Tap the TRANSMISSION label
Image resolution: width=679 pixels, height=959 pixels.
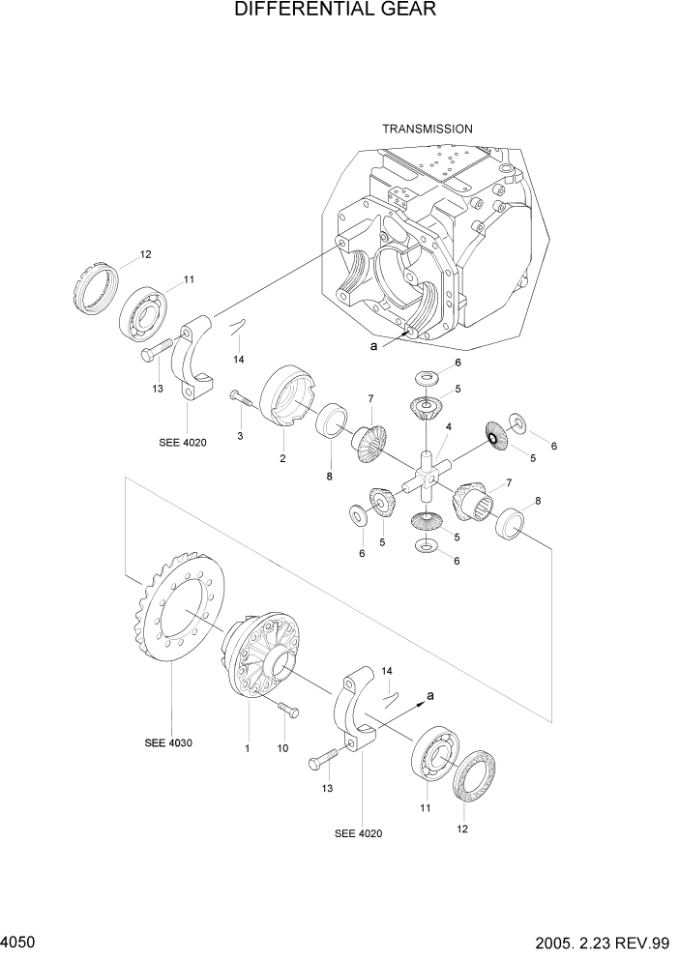tap(427, 129)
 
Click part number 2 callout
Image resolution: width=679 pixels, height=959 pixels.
tap(282, 458)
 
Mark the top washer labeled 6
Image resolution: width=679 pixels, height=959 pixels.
tap(425, 376)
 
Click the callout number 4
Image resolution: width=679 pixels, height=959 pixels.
tap(448, 426)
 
